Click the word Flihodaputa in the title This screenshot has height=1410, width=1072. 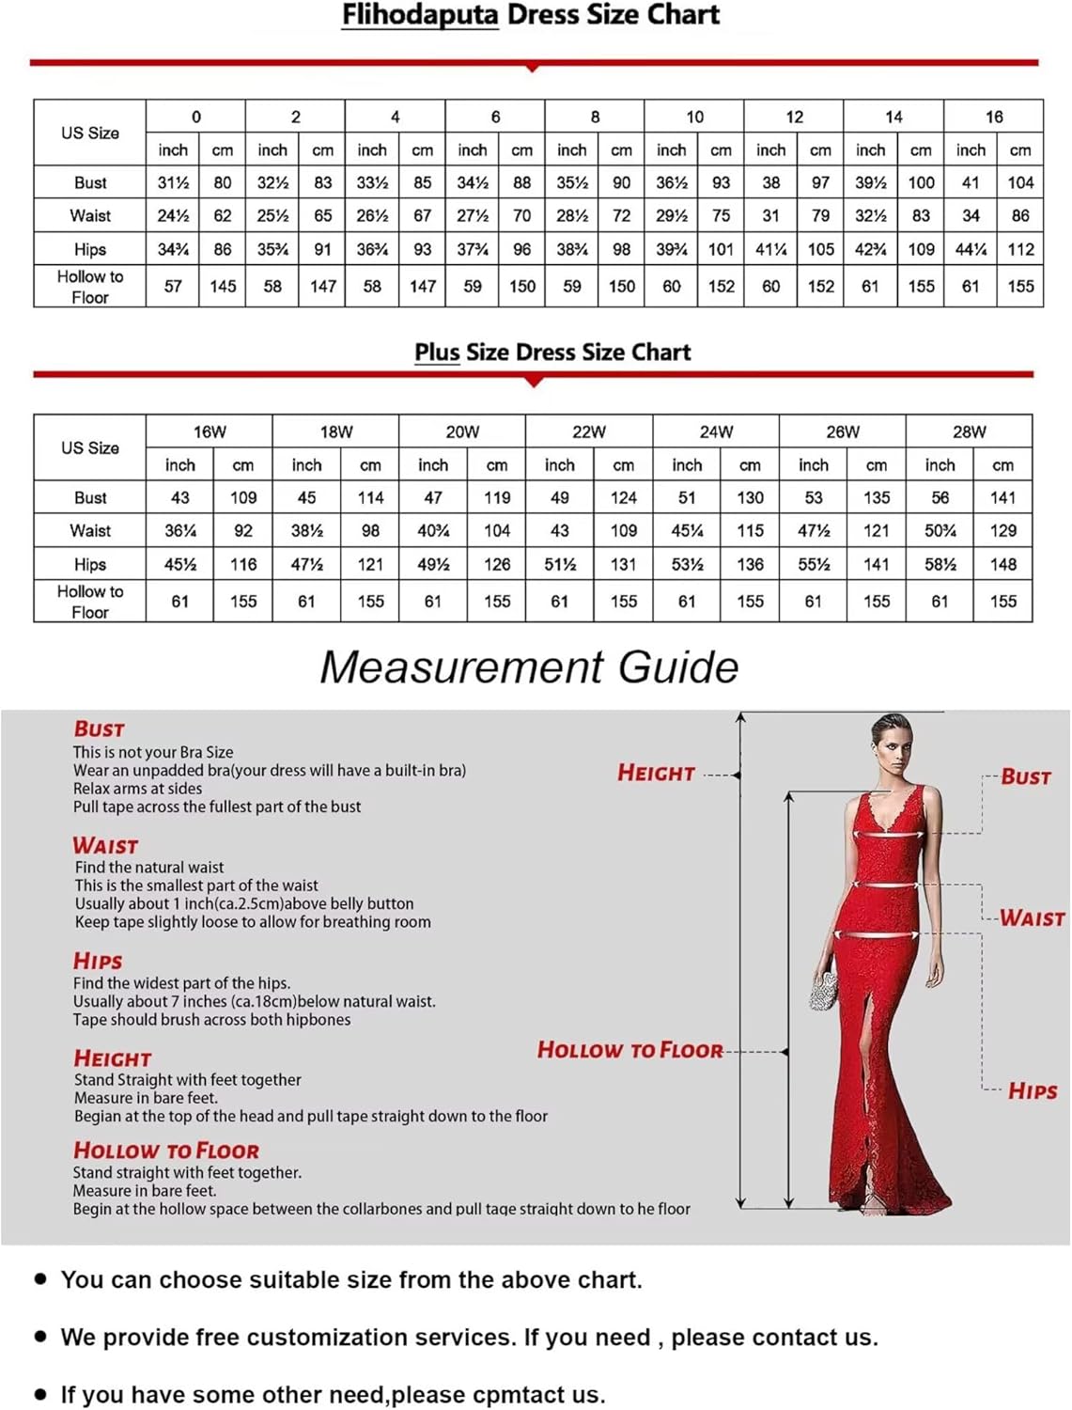[419, 15]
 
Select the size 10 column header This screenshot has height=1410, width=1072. [694, 117]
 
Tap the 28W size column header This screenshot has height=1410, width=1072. [969, 431]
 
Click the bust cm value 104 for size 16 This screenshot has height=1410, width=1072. [1020, 182]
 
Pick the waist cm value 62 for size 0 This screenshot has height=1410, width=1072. [223, 215]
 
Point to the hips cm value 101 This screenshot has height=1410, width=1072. [721, 249]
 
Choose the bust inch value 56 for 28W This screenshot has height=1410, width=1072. [940, 497]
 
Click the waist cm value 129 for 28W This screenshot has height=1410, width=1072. [1002, 530]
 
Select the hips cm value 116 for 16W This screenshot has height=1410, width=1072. [243, 564]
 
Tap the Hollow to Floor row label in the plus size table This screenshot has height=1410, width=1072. [90, 602]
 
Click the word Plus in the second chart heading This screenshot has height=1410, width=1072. [437, 352]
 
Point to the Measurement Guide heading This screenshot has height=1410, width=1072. [529, 667]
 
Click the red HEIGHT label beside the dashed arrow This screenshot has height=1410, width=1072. [656, 774]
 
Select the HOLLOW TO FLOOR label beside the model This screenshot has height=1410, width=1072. [629, 1050]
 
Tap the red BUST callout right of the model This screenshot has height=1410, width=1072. [1025, 777]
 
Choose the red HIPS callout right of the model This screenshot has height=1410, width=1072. [1033, 1091]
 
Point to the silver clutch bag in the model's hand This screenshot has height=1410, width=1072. [823, 991]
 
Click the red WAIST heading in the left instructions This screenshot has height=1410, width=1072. [105, 846]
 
